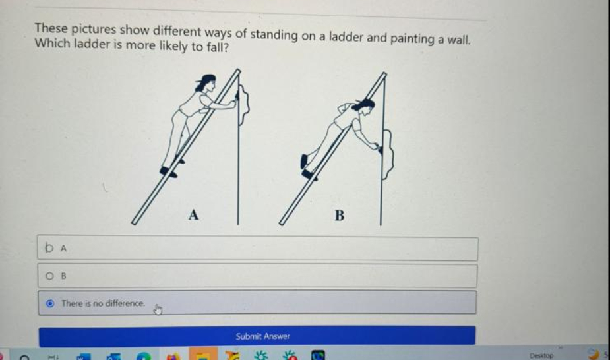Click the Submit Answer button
point(262,336)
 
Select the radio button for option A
point(49,249)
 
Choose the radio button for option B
point(49,276)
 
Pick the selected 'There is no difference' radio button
point(50,303)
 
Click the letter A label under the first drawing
point(193,214)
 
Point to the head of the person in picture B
point(365,105)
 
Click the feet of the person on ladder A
point(169,171)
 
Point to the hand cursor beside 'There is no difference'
point(158,309)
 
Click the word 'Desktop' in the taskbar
point(541,355)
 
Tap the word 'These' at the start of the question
point(51,29)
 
